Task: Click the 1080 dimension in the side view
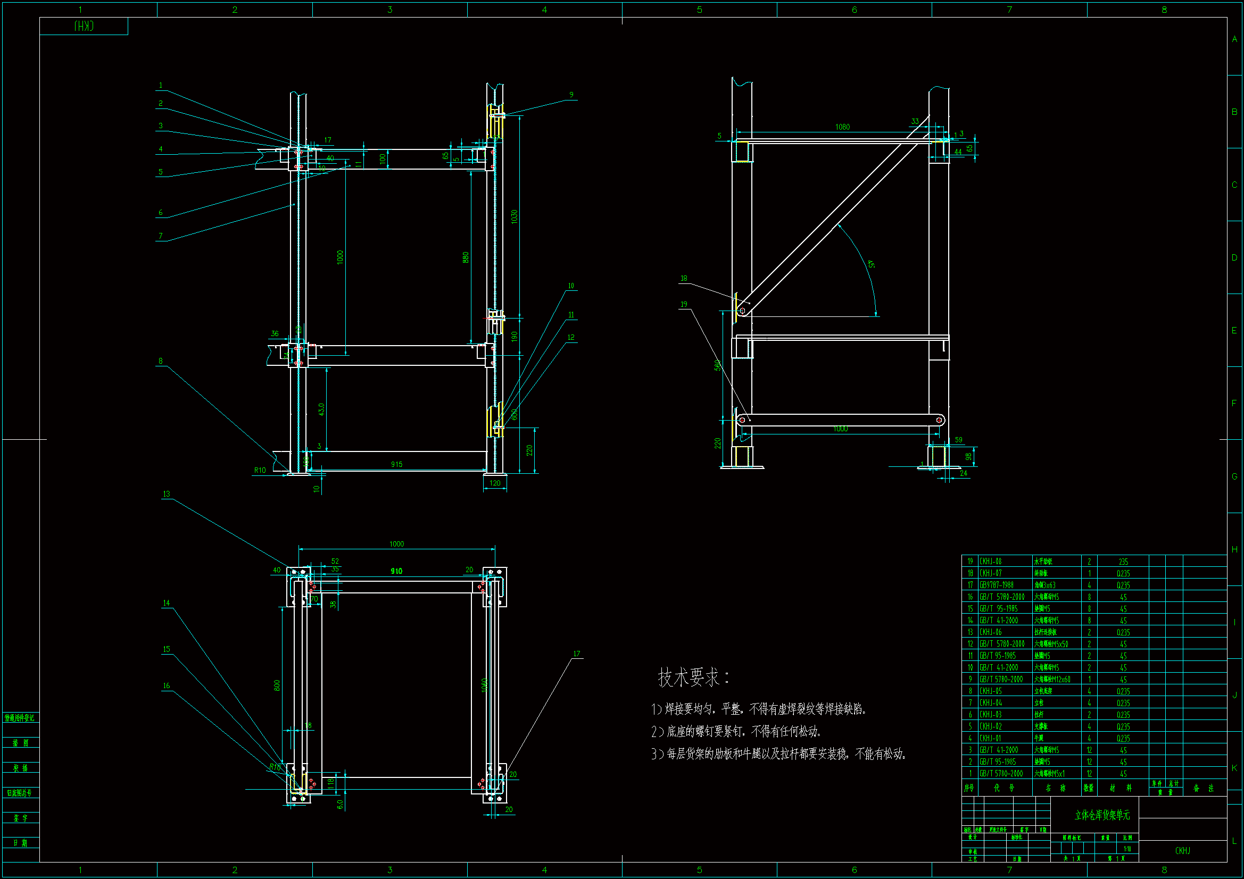pyautogui.click(x=842, y=127)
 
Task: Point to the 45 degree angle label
pyautogui.click(x=870, y=264)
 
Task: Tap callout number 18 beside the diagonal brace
pyautogui.click(x=684, y=279)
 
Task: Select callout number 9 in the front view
pyautogui.click(x=571, y=95)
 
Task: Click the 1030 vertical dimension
pyautogui.click(x=514, y=216)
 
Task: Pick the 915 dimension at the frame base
pyautogui.click(x=396, y=464)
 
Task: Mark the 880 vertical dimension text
pyautogui.click(x=466, y=257)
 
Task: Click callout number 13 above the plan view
pyautogui.click(x=167, y=494)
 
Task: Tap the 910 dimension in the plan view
pyautogui.click(x=396, y=571)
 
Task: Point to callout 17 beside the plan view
pyautogui.click(x=576, y=654)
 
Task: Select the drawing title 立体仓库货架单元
pyautogui.click(x=1102, y=815)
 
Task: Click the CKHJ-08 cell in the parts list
pyautogui.click(x=990, y=562)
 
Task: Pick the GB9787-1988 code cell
pyautogui.click(x=996, y=585)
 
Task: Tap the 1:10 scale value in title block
pyautogui.click(x=1127, y=849)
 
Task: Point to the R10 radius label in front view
pyautogui.click(x=260, y=470)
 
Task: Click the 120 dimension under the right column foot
pyautogui.click(x=495, y=483)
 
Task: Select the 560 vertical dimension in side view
pyautogui.click(x=718, y=365)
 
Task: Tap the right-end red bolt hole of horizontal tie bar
pyautogui.click(x=939, y=420)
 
